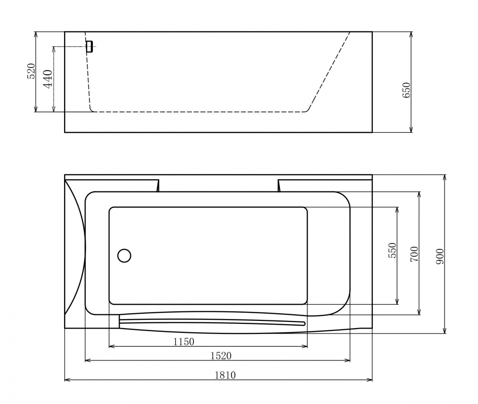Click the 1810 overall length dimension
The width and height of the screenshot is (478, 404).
225,375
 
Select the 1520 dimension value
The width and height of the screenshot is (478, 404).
221,355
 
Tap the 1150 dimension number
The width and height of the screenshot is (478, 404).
183,341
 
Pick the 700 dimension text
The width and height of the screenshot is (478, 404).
414,254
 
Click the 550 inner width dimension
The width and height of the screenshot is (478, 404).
392,251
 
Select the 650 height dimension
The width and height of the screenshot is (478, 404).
406,90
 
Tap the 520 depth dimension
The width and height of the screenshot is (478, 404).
31,71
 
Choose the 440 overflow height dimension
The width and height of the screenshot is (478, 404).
47,78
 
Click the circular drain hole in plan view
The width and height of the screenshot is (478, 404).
124,255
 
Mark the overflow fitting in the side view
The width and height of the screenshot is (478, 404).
89,46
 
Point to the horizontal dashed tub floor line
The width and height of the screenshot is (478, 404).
201,112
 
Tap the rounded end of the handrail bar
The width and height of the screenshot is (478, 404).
303,323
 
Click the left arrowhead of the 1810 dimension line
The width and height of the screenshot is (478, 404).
67,380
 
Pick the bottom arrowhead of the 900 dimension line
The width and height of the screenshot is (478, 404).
445,331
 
